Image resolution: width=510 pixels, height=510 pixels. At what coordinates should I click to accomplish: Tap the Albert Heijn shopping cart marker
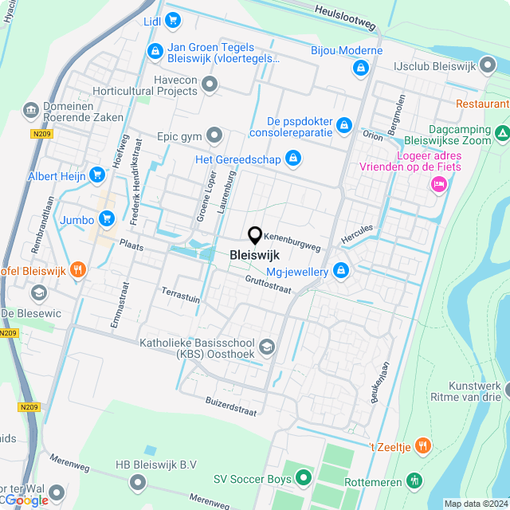[x=97, y=175]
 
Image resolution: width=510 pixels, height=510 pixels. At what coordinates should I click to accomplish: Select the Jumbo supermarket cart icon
[x=107, y=218]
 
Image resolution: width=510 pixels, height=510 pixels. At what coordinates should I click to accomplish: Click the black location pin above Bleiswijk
[x=255, y=235]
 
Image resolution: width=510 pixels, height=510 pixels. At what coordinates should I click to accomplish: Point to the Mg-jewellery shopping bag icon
[x=341, y=272]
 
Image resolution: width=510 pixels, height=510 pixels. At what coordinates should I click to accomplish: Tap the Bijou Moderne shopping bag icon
[x=363, y=68]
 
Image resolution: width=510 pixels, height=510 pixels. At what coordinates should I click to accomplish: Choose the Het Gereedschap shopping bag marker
[x=293, y=159]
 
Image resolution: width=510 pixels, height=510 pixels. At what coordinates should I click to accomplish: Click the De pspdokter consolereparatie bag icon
[x=343, y=125]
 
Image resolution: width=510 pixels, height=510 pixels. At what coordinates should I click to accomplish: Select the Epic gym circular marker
[x=213, y=136]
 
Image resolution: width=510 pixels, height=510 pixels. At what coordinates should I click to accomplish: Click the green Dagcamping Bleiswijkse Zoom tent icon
[x=502, y=132]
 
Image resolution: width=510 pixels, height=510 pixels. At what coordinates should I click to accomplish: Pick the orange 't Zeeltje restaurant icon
[x=423, y=446]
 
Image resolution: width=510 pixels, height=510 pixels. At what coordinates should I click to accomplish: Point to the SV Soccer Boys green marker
[x=303, y=478]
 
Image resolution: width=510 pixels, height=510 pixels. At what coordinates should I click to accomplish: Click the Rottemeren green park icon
[x=414, y=481]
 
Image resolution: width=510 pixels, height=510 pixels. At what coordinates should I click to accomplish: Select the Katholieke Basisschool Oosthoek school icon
[x=267, y=346]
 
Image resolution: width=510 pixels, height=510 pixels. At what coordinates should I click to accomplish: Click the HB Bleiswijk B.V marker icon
[x=138, y=481]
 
